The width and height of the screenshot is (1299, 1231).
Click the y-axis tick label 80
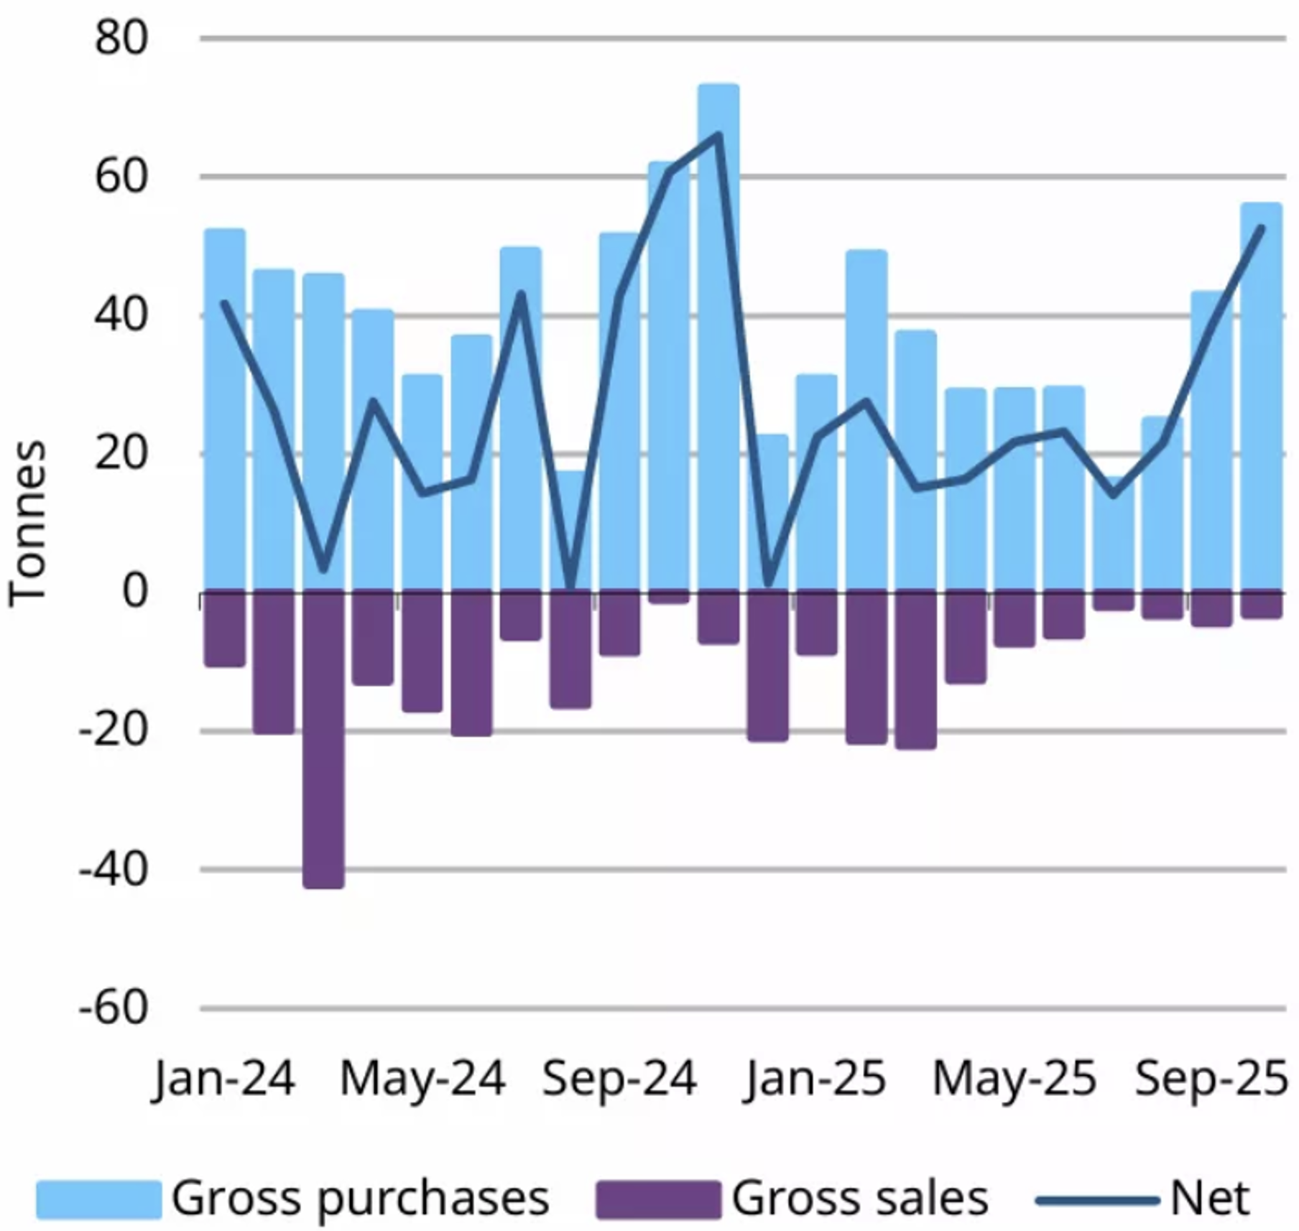(121, 37)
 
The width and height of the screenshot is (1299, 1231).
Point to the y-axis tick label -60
(114, 1008)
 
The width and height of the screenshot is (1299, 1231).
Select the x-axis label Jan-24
(224, 1078)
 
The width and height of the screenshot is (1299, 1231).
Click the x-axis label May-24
(422, 1078)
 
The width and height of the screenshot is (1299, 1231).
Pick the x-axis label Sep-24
(619, 1078)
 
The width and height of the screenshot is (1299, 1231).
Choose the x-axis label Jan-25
(816, 1078)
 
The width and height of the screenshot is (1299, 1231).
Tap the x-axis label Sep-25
(1211, 1078)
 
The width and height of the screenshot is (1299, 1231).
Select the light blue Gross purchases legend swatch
(98, 1199)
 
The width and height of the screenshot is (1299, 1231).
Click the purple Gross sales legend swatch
(658, 1199)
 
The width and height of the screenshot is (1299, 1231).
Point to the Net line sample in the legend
(1097, 1199)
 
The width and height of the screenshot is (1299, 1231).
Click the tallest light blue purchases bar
(718, 338)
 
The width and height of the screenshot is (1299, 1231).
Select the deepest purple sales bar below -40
(323, 740)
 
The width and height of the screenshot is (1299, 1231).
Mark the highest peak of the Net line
(718, 134)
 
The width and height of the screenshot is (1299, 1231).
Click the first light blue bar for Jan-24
(225, 410)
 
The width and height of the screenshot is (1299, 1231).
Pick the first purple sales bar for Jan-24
(225, 629)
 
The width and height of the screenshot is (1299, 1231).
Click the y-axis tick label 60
(121, 176)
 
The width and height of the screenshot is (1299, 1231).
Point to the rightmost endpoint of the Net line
(1261, 228)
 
